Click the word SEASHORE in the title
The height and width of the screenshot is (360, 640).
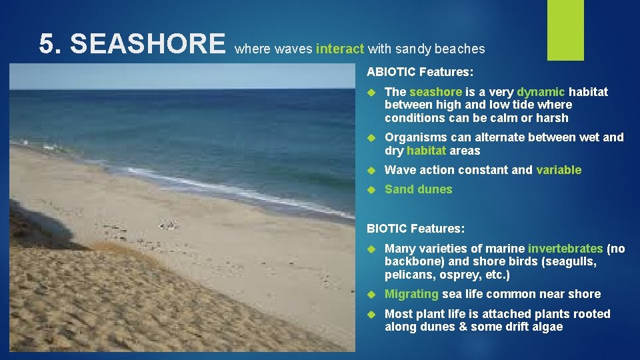tap(147, 45)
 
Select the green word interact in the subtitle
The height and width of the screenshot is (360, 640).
tap(340, 49)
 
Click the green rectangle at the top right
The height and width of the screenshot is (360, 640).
tap(565, 30)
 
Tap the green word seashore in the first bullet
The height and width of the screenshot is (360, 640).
tap(434, 92)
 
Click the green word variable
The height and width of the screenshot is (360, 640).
tap(559, 170)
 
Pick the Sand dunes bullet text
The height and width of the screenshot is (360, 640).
tap(418, 189)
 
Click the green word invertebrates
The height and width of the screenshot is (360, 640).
tap(565, 249)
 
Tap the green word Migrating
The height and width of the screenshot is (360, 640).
tap(411, 294)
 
